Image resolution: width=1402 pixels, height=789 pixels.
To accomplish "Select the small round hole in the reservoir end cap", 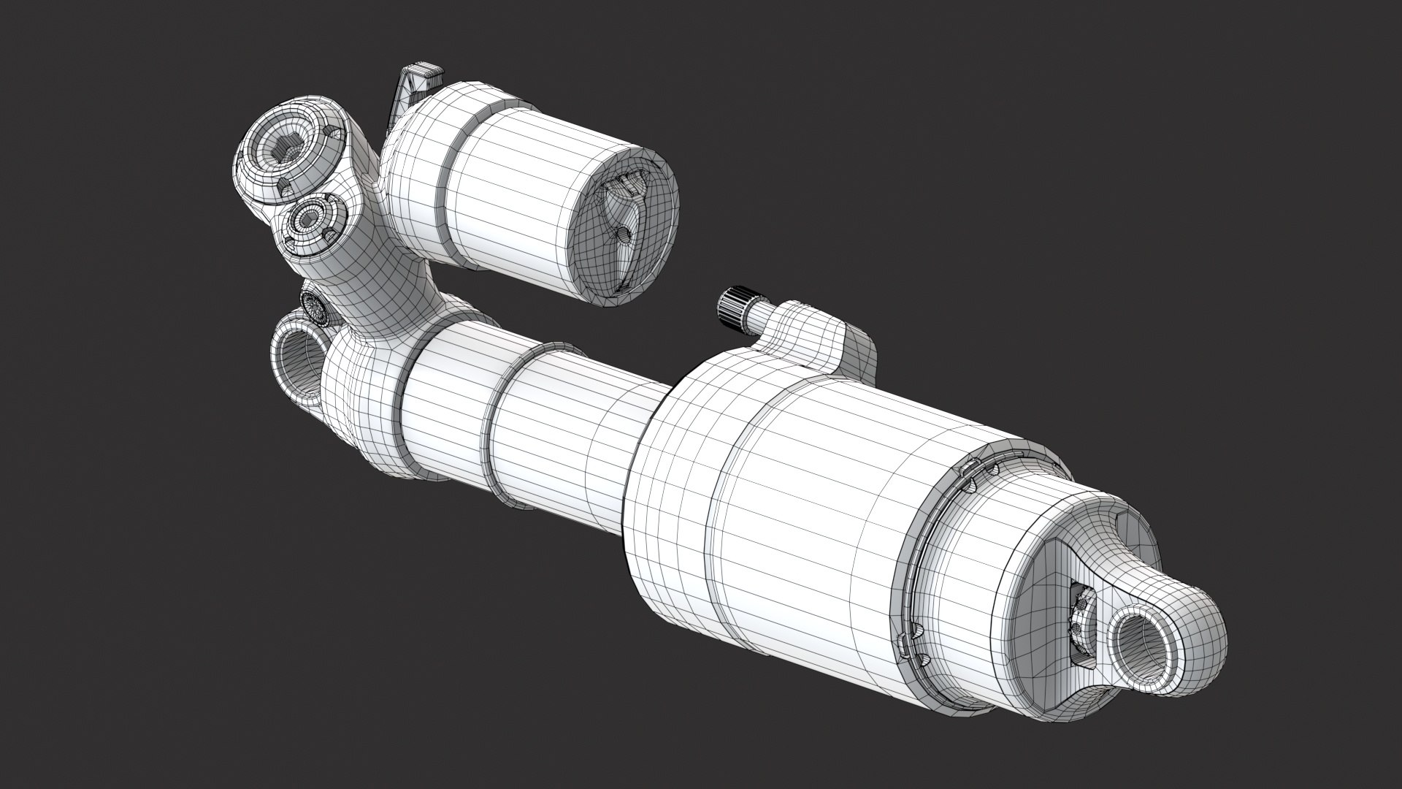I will click(623, 235).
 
